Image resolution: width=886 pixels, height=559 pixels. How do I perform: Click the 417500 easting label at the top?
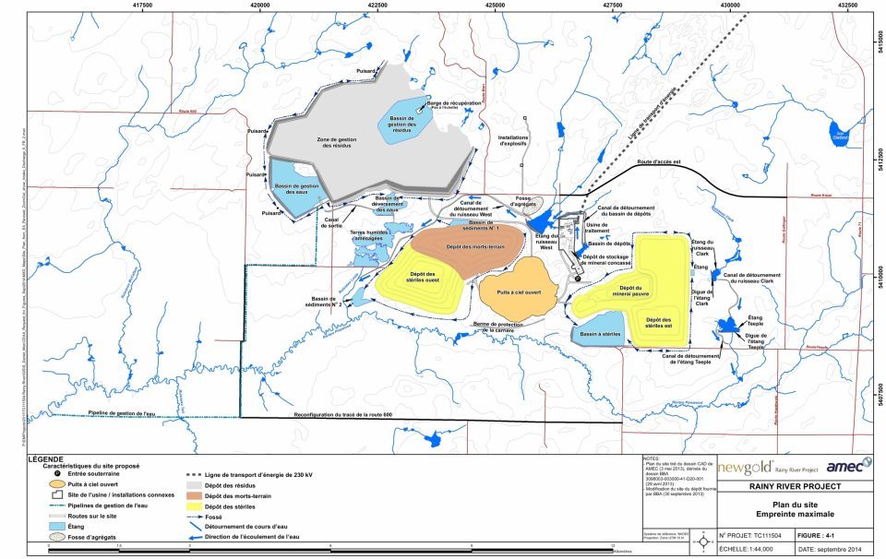(142, 5)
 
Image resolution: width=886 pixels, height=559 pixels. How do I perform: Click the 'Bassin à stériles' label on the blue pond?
(598, 335)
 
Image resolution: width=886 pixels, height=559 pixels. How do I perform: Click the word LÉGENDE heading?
(47, 458)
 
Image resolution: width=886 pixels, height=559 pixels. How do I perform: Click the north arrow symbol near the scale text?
(706, 539)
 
